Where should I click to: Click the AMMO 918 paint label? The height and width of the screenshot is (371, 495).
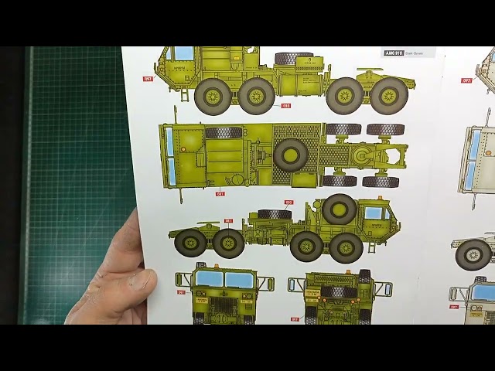[x=394, y=53]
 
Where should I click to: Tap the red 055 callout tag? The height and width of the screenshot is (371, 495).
[x=285, y=105]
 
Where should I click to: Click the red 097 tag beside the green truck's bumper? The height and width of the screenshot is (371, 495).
[x=147, y=78]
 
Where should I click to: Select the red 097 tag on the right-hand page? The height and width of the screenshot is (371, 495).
[x=466, y=80]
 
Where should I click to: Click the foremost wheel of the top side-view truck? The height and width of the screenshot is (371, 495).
[x=213, y=96]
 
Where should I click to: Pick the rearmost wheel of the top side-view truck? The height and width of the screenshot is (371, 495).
[x=388, y=95]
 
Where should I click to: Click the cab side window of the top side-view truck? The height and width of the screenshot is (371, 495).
[x=183, y=53]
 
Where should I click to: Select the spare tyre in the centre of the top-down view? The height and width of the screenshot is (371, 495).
[x=291, y=155]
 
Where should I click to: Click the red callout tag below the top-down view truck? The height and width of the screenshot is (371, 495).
[x=220, y=194]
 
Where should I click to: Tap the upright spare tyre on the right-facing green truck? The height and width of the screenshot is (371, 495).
[x=339, y=209]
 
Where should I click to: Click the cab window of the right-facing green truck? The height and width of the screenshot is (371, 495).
[x=374, y=213]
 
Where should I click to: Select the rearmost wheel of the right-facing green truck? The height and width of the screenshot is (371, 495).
[x=190, y=243]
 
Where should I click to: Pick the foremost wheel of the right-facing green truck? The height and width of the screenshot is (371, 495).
[x=346, y=247]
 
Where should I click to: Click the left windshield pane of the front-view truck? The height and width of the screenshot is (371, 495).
[x=209, y=279]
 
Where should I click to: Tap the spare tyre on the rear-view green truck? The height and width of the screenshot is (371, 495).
[x=333, y=292]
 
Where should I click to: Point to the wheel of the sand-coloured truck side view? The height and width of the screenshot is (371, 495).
[x=473, y=254]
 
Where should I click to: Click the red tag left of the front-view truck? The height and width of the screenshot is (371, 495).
[x=181, y=292]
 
